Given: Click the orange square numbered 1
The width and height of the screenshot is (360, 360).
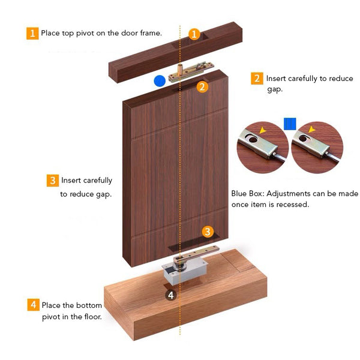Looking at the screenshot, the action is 32,34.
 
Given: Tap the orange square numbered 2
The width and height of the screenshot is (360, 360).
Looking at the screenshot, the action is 257,78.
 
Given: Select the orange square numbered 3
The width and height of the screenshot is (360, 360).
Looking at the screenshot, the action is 53,181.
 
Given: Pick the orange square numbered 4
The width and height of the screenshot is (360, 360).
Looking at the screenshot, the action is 33,305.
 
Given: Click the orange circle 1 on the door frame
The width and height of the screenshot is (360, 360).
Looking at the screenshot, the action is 194,34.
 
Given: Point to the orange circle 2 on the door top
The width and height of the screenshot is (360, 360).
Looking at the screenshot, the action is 202,87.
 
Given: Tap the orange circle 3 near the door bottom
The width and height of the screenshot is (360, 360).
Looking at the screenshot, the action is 208,232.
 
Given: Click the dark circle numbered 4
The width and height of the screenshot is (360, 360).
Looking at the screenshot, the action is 171,295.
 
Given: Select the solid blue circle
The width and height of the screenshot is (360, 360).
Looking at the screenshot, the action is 160,81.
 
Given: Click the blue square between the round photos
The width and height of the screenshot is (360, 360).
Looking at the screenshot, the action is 290,124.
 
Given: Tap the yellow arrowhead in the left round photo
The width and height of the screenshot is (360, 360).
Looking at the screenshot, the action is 262,130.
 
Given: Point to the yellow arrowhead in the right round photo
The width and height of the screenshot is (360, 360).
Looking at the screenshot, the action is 311,129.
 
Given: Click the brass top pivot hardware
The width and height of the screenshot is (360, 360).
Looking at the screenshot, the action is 191,71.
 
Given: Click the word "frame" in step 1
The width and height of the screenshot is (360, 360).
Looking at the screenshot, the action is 151,33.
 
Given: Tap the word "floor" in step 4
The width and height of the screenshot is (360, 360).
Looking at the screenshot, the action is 93,317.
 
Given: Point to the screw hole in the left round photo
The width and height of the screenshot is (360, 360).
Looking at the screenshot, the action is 253,139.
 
